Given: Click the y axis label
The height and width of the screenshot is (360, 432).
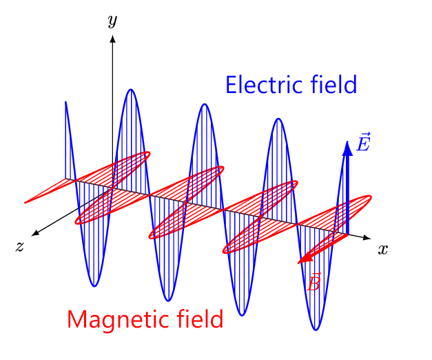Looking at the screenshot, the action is pyautogui.click(x=113, y=21).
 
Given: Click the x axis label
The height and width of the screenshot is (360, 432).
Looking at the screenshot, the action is pyautogui.click(x=382, y=250).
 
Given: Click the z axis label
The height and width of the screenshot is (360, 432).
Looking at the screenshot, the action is pyautogui.click(x=19, y=246).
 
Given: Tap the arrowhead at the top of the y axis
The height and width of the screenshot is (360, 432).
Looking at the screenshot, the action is pyautogui.click(x=112, y=39).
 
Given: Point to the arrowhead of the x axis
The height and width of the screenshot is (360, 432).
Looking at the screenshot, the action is pyautogui.click(x=367, y=238).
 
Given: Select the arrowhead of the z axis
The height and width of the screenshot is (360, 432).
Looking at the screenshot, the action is pyautogui.click(x=35, y=233).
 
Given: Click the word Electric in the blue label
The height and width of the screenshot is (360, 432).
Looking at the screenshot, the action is pyautogui.click(x=265, y=85).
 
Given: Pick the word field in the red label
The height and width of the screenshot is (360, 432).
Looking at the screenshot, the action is pyautogui.click(x=200, y=319).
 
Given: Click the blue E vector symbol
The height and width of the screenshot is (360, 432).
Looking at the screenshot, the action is pyautogui.click(x=363, y=142).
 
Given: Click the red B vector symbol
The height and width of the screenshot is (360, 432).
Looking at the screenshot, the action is pyautogui.click(x=313, y=281).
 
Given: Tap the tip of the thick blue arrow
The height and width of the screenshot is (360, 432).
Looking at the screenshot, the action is pyautogui.click(x=347, y=141).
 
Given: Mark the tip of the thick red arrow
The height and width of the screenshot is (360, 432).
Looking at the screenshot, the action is pyautogui.click(x=298, y=263).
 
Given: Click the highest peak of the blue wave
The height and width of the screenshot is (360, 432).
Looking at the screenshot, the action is pyautogui.click(x=131, y=90).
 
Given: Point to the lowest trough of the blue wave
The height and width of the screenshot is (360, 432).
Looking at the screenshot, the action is pyautogui.click(x=316, y=330).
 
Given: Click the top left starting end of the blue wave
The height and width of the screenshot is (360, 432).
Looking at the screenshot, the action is pyautogui.click(x=65, y=102).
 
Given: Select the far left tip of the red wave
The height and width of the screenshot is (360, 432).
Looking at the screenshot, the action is pyautogui.click(x=25, y=203).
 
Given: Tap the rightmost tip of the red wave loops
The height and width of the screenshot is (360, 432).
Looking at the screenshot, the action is pyautogui.click(x=371, y=197).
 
